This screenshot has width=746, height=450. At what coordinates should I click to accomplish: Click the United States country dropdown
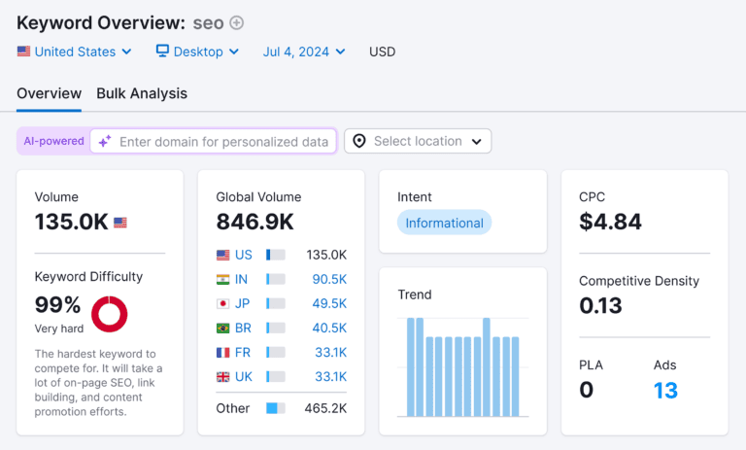(74, 52)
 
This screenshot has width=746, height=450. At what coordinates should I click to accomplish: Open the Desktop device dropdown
(197, 52)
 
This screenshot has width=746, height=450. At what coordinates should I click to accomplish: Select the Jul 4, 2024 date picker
(303, 52)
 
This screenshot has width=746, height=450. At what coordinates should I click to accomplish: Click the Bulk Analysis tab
(142, 93)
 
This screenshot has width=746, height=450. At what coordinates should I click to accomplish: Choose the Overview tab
(49, 93)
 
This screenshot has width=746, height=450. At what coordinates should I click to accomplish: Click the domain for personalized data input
(223, 142)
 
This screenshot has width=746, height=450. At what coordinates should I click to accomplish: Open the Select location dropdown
(418, 142)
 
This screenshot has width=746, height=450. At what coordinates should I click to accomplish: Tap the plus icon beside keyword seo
(236, 22)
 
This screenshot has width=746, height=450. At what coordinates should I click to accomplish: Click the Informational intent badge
(444, 223)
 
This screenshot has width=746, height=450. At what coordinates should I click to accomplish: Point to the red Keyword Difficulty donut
(110, 314)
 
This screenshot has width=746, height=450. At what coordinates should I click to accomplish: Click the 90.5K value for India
(329, 279)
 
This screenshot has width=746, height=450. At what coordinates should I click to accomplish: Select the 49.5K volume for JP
(329, 302)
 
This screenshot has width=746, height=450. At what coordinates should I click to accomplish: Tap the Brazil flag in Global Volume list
(223, 327)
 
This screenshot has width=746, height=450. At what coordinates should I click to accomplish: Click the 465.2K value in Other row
(325, 408)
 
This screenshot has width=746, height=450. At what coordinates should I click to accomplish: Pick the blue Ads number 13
(665, 391)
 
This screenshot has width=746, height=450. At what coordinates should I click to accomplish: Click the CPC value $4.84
(610, 222)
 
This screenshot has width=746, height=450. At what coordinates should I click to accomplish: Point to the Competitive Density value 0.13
(601, 306)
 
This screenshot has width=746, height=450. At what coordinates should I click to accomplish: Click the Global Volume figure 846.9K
(254, 222)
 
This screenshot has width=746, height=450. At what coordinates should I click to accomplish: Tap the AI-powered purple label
(54, 141)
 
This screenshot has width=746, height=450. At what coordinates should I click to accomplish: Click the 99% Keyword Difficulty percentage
(57, 304)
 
